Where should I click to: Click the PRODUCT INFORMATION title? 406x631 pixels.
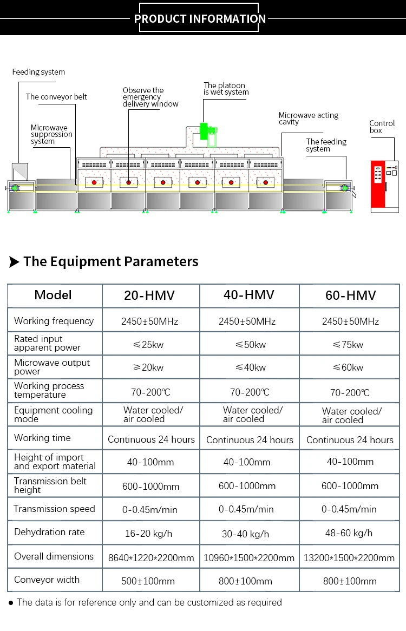(200, 19)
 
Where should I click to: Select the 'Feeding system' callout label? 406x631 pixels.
(38, 72)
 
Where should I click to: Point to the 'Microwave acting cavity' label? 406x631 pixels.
(309, 119)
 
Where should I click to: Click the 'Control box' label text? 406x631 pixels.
(382, 127)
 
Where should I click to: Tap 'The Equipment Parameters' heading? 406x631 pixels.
(110, 262)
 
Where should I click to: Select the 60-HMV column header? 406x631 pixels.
(350, 296)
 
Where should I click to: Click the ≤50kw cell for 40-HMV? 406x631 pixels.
(250, 345)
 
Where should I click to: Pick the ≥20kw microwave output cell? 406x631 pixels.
(149, 367)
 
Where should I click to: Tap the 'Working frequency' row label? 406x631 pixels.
(54, 321)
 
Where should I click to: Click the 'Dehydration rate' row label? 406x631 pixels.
(49, 532)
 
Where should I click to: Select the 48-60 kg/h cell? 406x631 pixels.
(350, 533)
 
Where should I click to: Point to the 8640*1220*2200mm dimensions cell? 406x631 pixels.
(151, 557)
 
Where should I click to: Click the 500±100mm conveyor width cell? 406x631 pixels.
(148, 581)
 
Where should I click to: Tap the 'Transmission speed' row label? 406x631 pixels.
(54, 509)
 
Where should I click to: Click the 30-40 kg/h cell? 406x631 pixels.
(245, 534)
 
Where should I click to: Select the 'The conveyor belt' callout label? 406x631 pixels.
(56, 97)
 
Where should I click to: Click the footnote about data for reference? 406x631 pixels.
(149, 602)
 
